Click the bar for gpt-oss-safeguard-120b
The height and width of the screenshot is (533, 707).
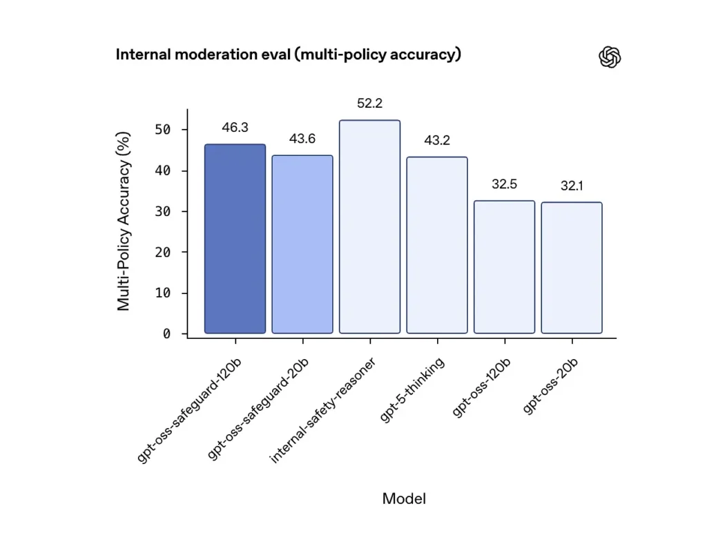235,239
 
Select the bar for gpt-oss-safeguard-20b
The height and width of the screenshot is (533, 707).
302,244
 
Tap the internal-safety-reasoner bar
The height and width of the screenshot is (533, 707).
369,227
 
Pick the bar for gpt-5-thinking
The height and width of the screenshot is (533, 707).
436,245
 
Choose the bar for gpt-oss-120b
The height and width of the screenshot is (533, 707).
504,267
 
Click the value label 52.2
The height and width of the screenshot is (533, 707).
369,104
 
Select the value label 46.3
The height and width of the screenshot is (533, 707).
235,128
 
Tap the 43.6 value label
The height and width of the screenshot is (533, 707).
302,139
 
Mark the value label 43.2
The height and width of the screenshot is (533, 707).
436,140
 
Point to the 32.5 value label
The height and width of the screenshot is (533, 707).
504,184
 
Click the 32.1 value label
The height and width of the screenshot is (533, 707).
571,186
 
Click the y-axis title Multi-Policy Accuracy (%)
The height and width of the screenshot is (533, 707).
124,221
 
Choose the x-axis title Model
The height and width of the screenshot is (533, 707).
404,498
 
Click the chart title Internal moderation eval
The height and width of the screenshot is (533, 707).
288,55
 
